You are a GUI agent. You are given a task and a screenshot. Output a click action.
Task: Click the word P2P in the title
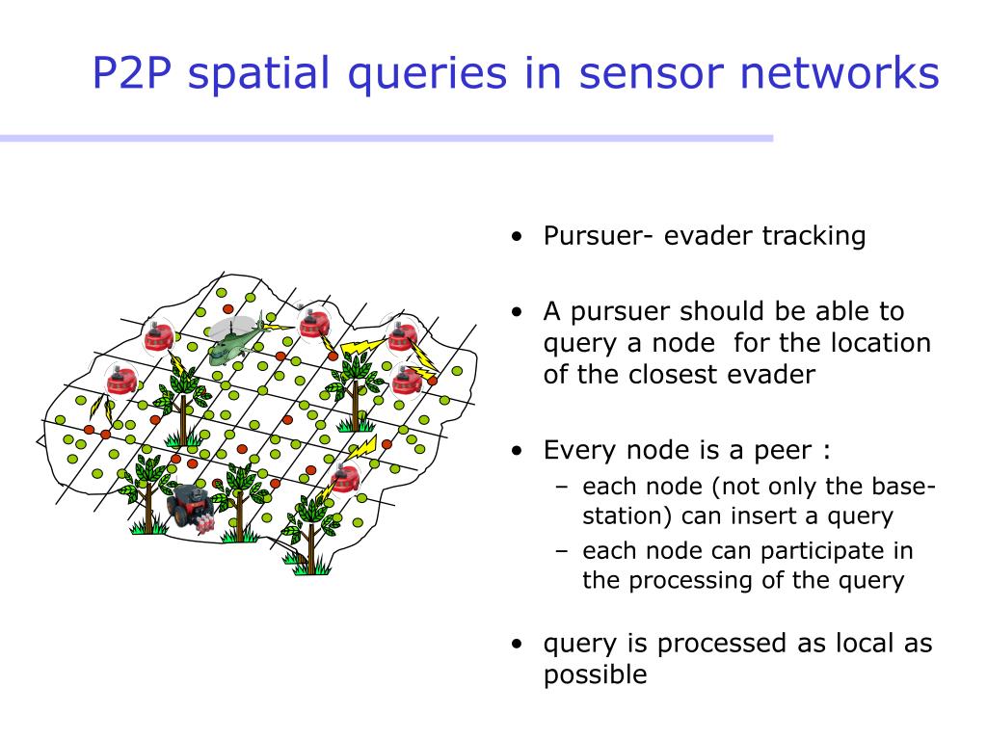[132, 73]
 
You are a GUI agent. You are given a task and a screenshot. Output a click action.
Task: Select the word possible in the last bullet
[596, 675]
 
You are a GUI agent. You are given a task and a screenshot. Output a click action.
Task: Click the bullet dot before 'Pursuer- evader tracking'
[518, 237]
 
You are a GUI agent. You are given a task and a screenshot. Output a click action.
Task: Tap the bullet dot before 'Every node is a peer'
[518, 451]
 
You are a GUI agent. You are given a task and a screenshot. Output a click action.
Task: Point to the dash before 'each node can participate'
[562, 551]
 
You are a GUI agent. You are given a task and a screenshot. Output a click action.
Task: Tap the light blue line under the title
[387, 138]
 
